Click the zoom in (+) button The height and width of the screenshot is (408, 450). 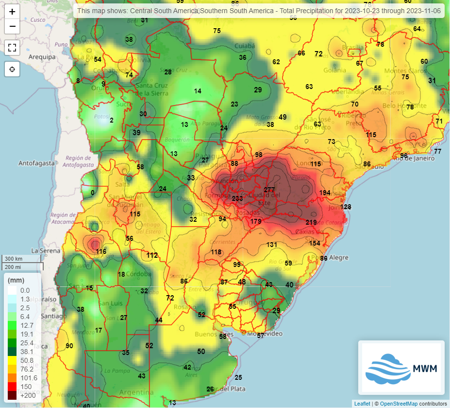pos(12,12)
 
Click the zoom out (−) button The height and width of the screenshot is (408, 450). pos(12,26)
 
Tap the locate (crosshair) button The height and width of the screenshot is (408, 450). pos(12,70)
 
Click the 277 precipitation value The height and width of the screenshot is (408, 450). pos(269,189)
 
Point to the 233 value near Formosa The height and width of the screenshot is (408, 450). pos(237,198)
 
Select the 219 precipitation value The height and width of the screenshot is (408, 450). pos(311,222)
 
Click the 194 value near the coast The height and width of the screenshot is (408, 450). pos(325,193)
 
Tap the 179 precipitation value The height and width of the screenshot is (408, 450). pos(256,221)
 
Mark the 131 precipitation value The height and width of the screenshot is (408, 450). pos(272,245)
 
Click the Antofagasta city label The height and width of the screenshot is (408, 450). pos(37,163)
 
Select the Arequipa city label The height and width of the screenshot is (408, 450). pos(42,57)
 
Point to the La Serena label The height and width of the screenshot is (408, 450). pos(42,250)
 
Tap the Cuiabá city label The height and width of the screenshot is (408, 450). pos(245,46)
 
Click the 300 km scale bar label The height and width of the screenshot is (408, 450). pos(14,258)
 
